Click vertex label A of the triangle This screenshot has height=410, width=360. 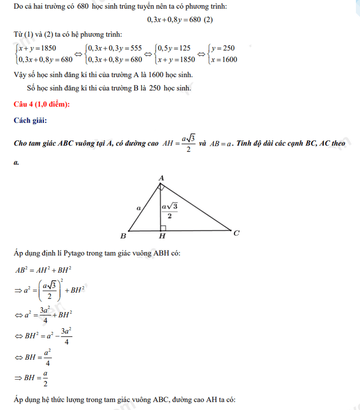tap(161, 178)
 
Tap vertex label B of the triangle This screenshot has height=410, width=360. tap(123, 236)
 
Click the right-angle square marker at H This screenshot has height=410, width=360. tap(162, 228)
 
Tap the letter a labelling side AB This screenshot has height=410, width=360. tap(138, 208)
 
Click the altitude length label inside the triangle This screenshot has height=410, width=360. tap(169, 210)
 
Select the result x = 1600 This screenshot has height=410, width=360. tap(223, 60)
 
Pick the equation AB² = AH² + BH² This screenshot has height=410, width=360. tap(42, 270)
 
